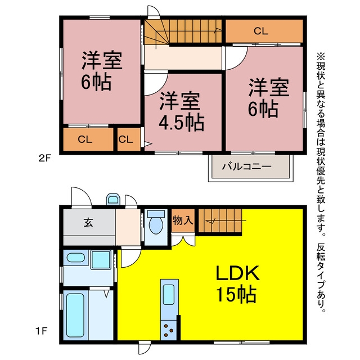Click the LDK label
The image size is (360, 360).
[237, 273]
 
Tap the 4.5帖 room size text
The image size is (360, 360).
[181, 123]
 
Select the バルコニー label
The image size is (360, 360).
[247, 166]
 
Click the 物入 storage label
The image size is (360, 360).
[183, 220]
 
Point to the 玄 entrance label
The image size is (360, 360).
[88, 222]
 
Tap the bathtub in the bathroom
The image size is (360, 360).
[75, 315]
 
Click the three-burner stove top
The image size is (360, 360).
[169, 330]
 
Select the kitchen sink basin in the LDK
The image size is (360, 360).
[169, 294]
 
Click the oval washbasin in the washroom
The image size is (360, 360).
[75, 258]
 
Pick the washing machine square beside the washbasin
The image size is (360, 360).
[101, 260]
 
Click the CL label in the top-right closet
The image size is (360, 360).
[261, 31]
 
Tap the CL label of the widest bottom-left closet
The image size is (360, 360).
[85, 139]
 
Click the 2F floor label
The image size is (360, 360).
[44, 158]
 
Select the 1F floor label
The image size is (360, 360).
[41, 331]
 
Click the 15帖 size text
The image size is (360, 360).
[236, 294]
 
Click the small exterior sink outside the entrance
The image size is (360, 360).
[113, 199]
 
